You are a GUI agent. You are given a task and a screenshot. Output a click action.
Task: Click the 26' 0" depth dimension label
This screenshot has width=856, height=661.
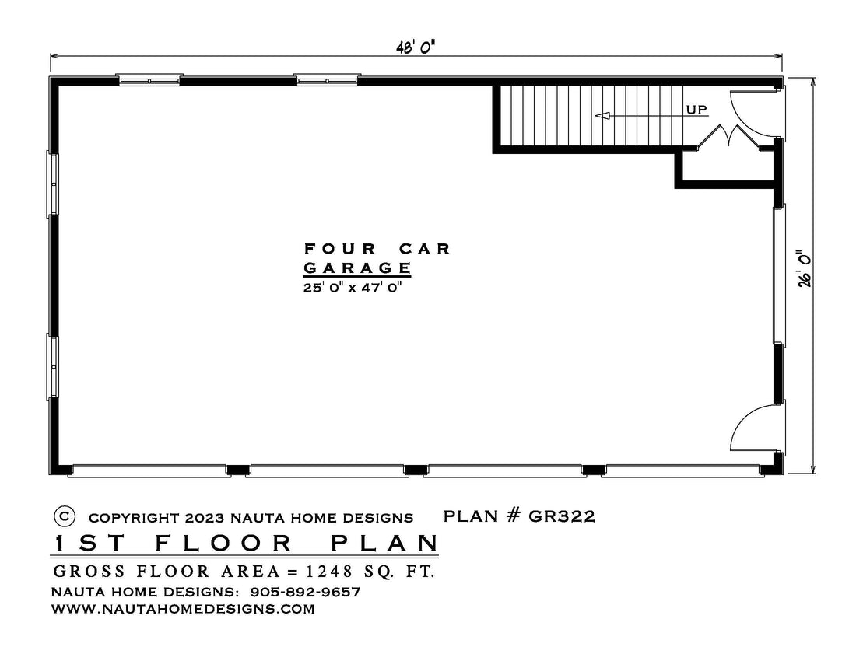(x=804, y=269)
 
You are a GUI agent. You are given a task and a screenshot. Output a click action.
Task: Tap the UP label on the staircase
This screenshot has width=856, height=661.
(x=696, y=110)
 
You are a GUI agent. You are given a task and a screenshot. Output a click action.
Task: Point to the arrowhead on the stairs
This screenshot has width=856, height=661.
(x=602, y=116)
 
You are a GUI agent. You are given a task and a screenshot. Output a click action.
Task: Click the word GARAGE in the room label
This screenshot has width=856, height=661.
(x=357, y=268)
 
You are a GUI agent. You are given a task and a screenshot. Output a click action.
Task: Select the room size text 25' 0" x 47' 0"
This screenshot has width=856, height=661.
(x=352, y=287)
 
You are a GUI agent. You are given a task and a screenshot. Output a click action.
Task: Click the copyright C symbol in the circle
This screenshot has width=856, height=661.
(x=65, y=516)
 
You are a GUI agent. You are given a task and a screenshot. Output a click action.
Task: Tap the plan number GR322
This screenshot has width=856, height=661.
(x=561, y=516)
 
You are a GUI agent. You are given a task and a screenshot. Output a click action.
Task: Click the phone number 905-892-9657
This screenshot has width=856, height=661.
(x=305, y=592)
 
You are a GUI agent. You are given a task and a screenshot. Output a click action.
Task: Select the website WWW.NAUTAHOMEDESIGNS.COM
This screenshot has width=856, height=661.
(x=183, y=609)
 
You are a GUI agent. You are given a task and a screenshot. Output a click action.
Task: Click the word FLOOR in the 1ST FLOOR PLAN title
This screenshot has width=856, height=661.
(x=224, y=544)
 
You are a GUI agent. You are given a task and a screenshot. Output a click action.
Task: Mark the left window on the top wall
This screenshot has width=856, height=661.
(x=149, y=80)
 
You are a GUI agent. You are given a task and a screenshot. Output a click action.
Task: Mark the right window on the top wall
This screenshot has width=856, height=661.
(x=327, y=80)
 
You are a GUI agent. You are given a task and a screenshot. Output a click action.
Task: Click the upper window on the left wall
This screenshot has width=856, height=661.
(x=53, y=184)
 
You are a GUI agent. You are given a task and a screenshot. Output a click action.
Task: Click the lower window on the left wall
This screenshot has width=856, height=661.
(x=53, y=367)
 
